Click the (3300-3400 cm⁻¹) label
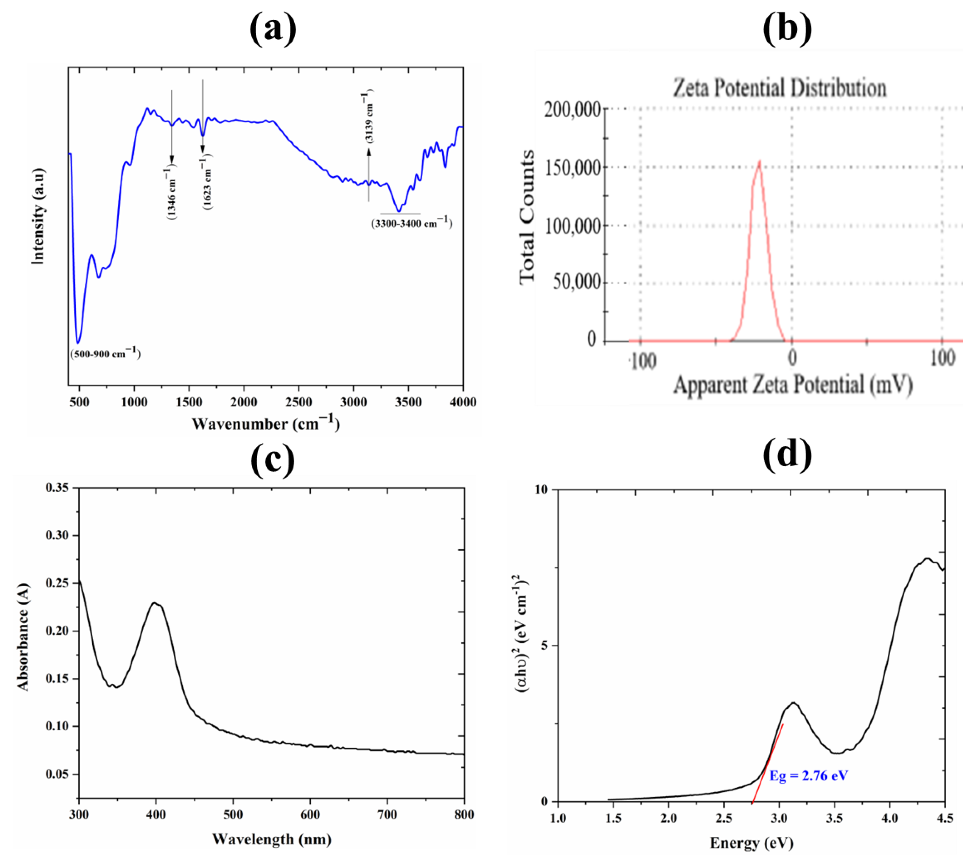point(411,222)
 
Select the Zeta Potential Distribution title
point(779,88)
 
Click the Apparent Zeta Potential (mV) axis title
point(793,385)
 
